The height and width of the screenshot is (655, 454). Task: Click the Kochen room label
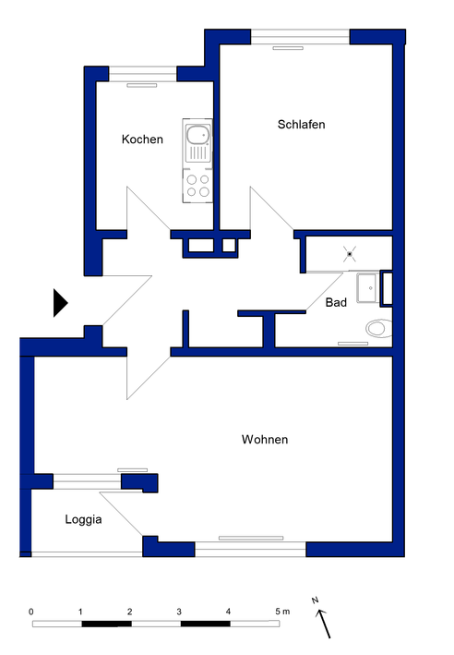point(142,139)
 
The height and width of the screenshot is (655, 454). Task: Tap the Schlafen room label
point(301,125)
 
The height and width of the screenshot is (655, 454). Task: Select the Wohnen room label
point(265,440)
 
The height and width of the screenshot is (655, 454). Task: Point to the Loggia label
point(83,519)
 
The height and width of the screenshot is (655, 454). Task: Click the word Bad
point(336,302)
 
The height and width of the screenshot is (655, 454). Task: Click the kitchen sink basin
point(197,135)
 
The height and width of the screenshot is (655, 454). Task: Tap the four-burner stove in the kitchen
point(197,186)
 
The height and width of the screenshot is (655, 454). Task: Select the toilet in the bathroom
point(379,328)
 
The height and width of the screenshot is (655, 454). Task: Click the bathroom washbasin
point(367,288)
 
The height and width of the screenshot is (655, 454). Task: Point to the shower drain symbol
point(350,254)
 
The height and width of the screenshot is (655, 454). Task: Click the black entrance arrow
point(60,303)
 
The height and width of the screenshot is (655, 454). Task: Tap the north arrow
point(324,624)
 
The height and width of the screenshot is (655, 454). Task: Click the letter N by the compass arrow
point(315,600)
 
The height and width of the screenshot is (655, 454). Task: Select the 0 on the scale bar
point(30,612)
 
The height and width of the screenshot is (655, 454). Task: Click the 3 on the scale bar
point(179,612)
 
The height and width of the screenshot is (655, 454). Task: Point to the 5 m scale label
point(282,612)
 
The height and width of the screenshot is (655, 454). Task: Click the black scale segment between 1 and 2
point(106,624)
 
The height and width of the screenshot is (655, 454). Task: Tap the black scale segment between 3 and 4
point(205,624)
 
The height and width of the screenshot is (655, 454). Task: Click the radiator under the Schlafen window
point(288,48)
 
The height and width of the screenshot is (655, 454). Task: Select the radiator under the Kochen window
point(142,85)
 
